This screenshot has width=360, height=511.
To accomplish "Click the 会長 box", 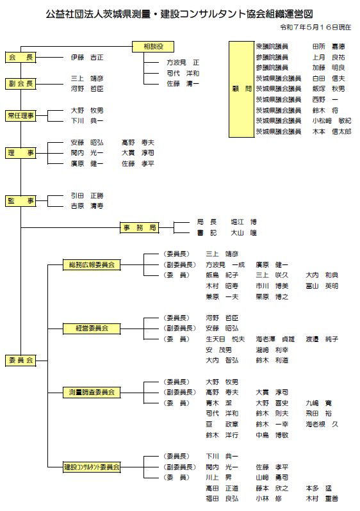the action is click(x=20, y=58).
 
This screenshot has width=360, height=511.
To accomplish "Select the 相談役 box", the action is click(x=153, y=47).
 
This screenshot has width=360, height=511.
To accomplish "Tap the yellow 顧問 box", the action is click(x=241, y=89).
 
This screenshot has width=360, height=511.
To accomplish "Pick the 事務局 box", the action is click(x=140, y=227).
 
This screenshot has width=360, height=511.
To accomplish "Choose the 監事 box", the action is click(x=20, y=201).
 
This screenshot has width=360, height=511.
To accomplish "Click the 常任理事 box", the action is click(x=20, y=116).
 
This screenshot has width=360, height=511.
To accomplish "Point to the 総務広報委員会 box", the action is click(x=92, y=264).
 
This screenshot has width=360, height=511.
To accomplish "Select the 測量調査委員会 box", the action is click(x=92, y=392).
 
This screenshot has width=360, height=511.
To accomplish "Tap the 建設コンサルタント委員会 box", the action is click(x=92, y=467).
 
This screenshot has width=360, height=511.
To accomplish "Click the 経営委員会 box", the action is click(x=92, y=328).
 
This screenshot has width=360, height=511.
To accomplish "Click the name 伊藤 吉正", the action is click(x=87, y=58).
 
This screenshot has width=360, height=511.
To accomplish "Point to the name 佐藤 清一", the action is click(x=183, y=84).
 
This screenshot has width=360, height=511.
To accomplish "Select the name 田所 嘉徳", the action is click(x=329, y=47).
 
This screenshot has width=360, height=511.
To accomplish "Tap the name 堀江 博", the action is click(x=244, y=222).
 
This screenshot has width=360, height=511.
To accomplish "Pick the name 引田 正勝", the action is click(x=87, y=195).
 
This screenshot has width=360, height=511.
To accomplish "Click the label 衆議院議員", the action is click(x=272, y=47).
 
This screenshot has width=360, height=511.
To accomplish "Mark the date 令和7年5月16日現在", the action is click(x=316, y=28).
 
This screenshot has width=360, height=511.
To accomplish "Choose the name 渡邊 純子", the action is click(x=322, y=339).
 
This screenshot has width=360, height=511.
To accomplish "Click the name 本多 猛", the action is click(x=319, y=488).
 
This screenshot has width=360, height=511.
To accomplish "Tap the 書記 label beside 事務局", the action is click(x=207, y=232).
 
